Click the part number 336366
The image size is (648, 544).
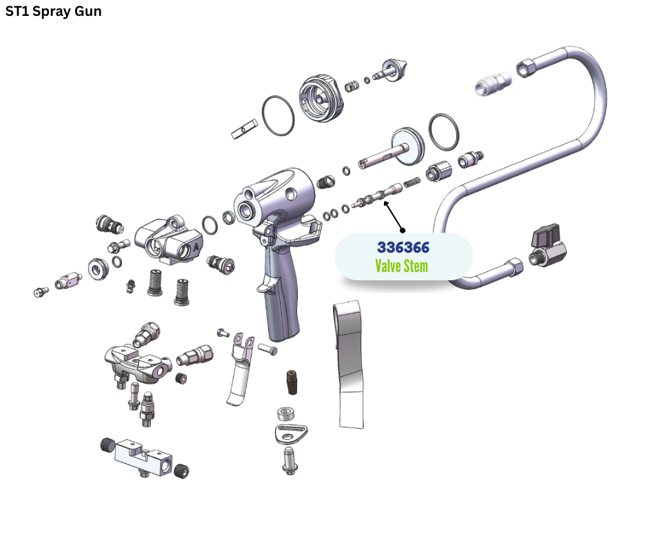pyautogui.click(x=403, y=247)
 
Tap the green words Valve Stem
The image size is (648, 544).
pyautogui.click(x=402, y=266)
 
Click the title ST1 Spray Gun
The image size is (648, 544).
pyautogui.click(x=53, y=11)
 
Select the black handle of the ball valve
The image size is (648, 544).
pyautogui.click(x=545, y=236)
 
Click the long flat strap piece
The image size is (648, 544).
pyautogui.click(x=350, y=365)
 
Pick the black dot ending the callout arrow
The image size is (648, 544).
pyautogui.click(x=403, y=231)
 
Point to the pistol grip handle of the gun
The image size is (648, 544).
pyautogui.click(x=281, y=298)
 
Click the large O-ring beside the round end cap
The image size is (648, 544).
pyautogui.click(x=278, y=115)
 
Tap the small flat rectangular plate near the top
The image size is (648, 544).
pyautogui.click(x=244, y=129)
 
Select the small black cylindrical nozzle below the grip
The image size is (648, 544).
pyautogui.click(x=292, y=382)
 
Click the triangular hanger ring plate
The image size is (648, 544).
pyautogui.click(x=291, y=434)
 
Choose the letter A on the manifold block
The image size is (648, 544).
pyautogui.click(x=196, y=248)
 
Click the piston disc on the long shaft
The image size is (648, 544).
pyautogui.click(x=407, y=146)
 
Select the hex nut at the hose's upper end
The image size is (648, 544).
pyautogui.click(x=527, y=68)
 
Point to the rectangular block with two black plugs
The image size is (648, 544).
pyautogui.click(x=143, y=458)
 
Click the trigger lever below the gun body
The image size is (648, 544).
pyautogui.click(x=241, y=368)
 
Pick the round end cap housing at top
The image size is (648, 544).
pyautogui.click(x=321, y=99)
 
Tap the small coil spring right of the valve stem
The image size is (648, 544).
pyautogui.click(x=412, y=182)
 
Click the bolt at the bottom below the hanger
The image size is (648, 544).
pyautogui.click(x=290, y=460)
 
